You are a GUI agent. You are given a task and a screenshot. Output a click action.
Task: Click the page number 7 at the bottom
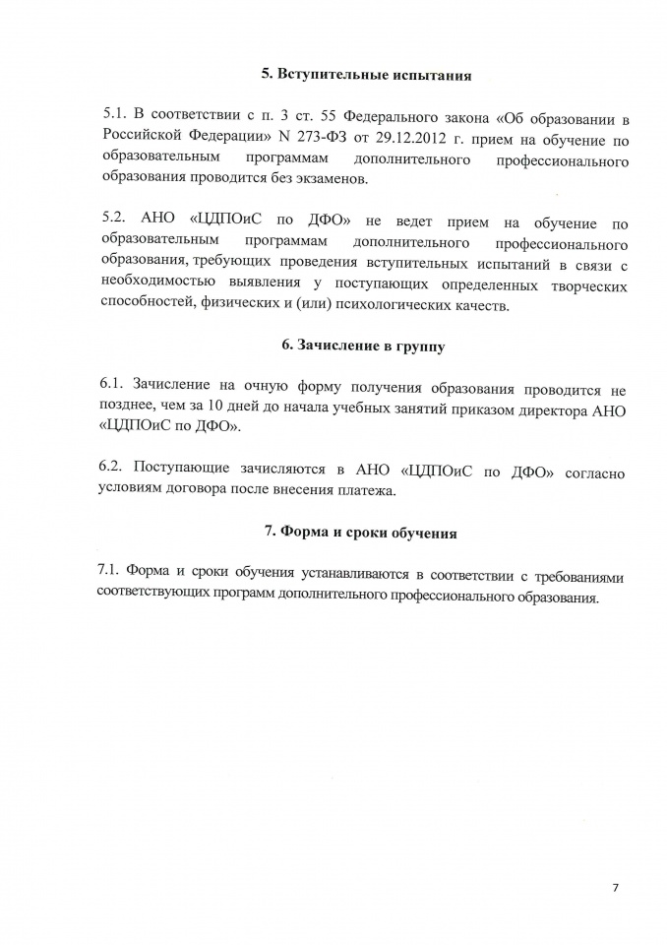(615, 888)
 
